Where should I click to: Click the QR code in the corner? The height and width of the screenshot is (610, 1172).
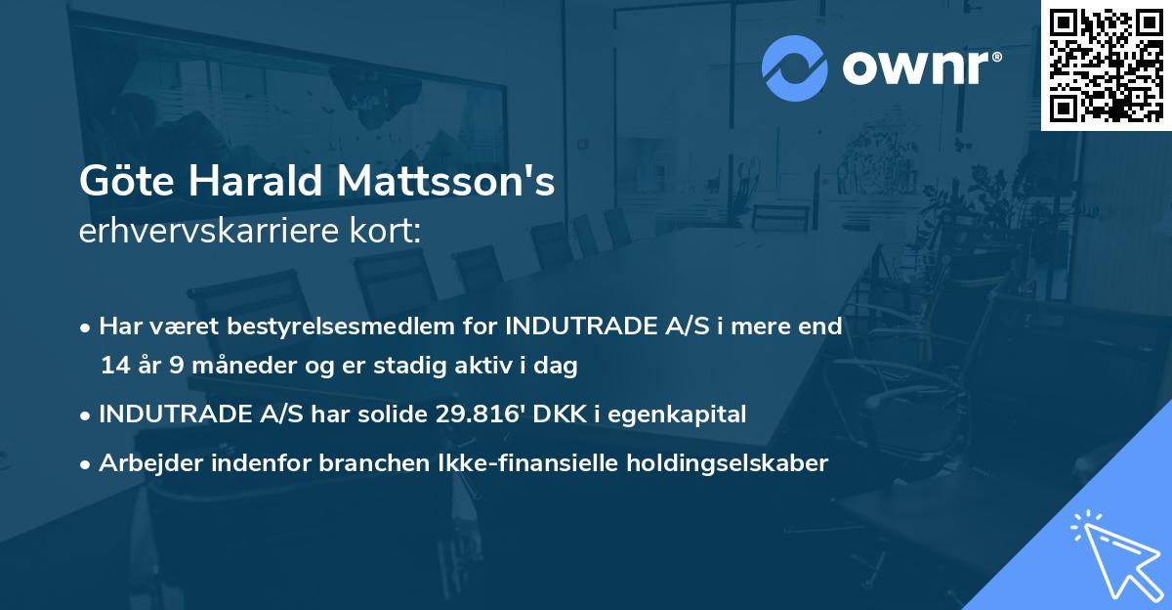point(1107,65)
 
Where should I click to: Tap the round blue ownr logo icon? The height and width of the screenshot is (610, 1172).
point(794,67)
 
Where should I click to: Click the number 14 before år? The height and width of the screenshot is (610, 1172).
point(112,367)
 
